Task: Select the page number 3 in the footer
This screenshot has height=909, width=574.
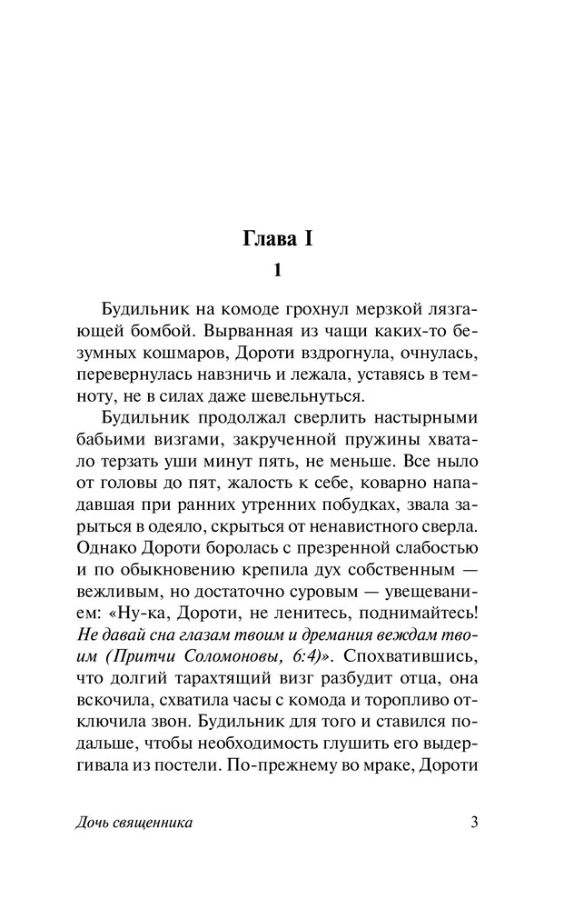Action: (x=474, y=823)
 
